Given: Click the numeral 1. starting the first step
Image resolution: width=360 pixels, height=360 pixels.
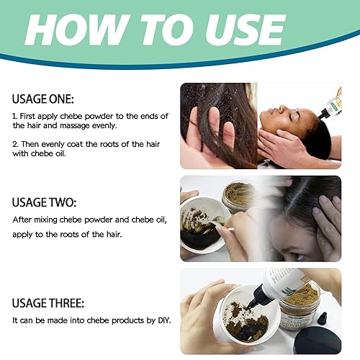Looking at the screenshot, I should (x=16, y=115).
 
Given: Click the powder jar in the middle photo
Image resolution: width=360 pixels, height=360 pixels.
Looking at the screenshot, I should (x=239, y=194).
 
